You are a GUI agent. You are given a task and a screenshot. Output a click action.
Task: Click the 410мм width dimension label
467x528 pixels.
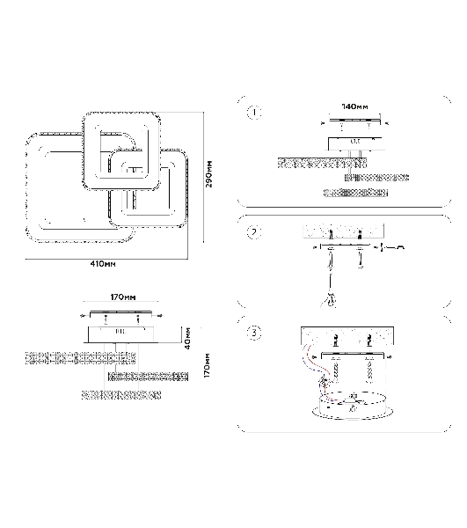(103, 264)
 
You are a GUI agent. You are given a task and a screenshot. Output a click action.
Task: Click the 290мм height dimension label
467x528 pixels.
(208, 174)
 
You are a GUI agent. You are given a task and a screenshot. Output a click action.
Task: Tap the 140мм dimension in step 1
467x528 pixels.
(354, 106)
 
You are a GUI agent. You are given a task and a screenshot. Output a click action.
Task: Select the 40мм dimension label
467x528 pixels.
(187, 338)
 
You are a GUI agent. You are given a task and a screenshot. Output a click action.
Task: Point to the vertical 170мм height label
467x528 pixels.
(207, 365)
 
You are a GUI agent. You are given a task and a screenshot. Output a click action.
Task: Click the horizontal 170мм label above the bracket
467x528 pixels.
(123, 297)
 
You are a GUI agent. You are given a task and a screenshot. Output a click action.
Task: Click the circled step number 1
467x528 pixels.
(254, 113)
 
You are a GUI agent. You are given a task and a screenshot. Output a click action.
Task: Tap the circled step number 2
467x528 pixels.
(254, 232)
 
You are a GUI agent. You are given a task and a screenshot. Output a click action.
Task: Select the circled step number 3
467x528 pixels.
(254, 333)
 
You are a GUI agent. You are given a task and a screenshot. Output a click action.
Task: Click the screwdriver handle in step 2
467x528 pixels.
(332, 299)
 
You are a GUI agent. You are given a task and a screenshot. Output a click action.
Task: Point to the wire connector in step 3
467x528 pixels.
(325, 382)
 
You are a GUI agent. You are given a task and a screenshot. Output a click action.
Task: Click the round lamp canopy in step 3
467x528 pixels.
(353, 406)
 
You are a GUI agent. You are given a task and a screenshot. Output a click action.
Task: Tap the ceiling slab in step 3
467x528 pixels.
(347, 336)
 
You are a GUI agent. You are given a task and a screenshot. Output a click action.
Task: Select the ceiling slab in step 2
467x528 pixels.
(344, 231)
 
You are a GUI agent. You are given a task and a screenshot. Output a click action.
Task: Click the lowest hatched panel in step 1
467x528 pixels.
(355, 193)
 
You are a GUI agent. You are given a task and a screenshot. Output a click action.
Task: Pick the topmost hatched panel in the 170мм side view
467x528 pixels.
(81, 358)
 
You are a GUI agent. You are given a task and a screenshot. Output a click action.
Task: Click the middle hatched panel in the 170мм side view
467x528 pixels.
(148, 377)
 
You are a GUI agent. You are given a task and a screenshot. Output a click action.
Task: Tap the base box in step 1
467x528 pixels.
(355, 143)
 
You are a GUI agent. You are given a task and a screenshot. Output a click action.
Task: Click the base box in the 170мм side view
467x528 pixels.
(121, 334)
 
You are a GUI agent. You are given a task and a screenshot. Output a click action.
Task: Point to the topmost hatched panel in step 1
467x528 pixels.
(322, 164)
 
